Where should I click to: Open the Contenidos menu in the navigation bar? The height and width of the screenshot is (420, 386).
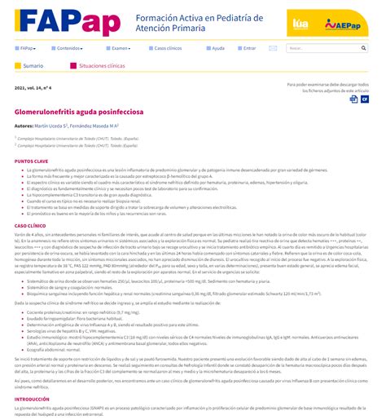[x=68, y=48]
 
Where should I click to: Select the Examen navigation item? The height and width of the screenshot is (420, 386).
[x=121, y=48]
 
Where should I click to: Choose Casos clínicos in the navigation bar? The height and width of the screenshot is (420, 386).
[x=167, y=48]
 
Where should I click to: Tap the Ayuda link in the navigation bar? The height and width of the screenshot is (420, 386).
[x=217, y=48]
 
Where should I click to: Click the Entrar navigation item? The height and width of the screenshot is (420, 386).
[x=249, y=48]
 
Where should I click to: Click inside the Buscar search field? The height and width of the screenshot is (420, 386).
[x=322, y=48]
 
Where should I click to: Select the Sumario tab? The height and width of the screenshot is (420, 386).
[x=33, y=65]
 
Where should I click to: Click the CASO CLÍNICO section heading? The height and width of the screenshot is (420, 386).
[x=30, y=224]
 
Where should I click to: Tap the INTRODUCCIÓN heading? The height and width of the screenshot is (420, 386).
[x=32, y=399]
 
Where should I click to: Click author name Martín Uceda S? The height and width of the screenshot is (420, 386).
[x=50, y=126]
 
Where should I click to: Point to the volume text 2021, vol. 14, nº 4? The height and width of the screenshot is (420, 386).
[x=33, y=86]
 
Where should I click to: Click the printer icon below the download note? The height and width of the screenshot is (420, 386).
[x=354, y=99]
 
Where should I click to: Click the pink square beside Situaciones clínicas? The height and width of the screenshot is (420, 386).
[x=73, y=65]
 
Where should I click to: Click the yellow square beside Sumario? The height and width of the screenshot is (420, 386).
[x=18, y=65]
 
